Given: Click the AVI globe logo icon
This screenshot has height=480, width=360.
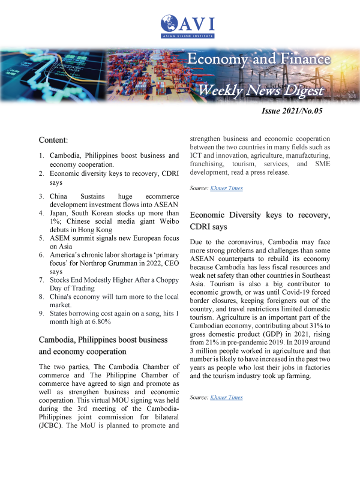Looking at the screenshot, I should pyautogui.click(x=168, y=26).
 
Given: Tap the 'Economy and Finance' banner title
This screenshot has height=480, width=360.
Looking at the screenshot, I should pyautogui.click(x=259, y=59).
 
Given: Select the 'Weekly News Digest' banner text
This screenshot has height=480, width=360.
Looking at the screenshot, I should pyautogui.click(x=261, y=90).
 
